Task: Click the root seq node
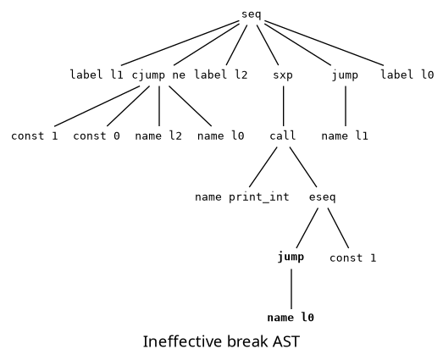coord(252,14)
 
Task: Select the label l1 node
coord(97,75)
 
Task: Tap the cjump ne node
coord(158,75)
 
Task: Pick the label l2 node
coord(221,75)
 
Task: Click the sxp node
coord(283,75)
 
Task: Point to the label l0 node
coord(407,75)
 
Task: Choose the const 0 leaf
coord(97,136)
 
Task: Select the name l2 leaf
coord(158,136)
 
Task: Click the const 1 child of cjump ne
coord(35,136)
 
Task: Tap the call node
coord(283,136)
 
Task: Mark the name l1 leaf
coord(345,136)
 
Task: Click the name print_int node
coord(242,197)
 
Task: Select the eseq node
coord(322,197)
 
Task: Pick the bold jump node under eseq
coord(291,257)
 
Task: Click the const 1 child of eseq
coord(352,257)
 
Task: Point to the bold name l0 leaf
coord(291,318)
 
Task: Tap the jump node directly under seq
coord(345,75)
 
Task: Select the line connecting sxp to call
coord(283,105)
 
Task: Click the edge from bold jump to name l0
coord(291,288)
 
